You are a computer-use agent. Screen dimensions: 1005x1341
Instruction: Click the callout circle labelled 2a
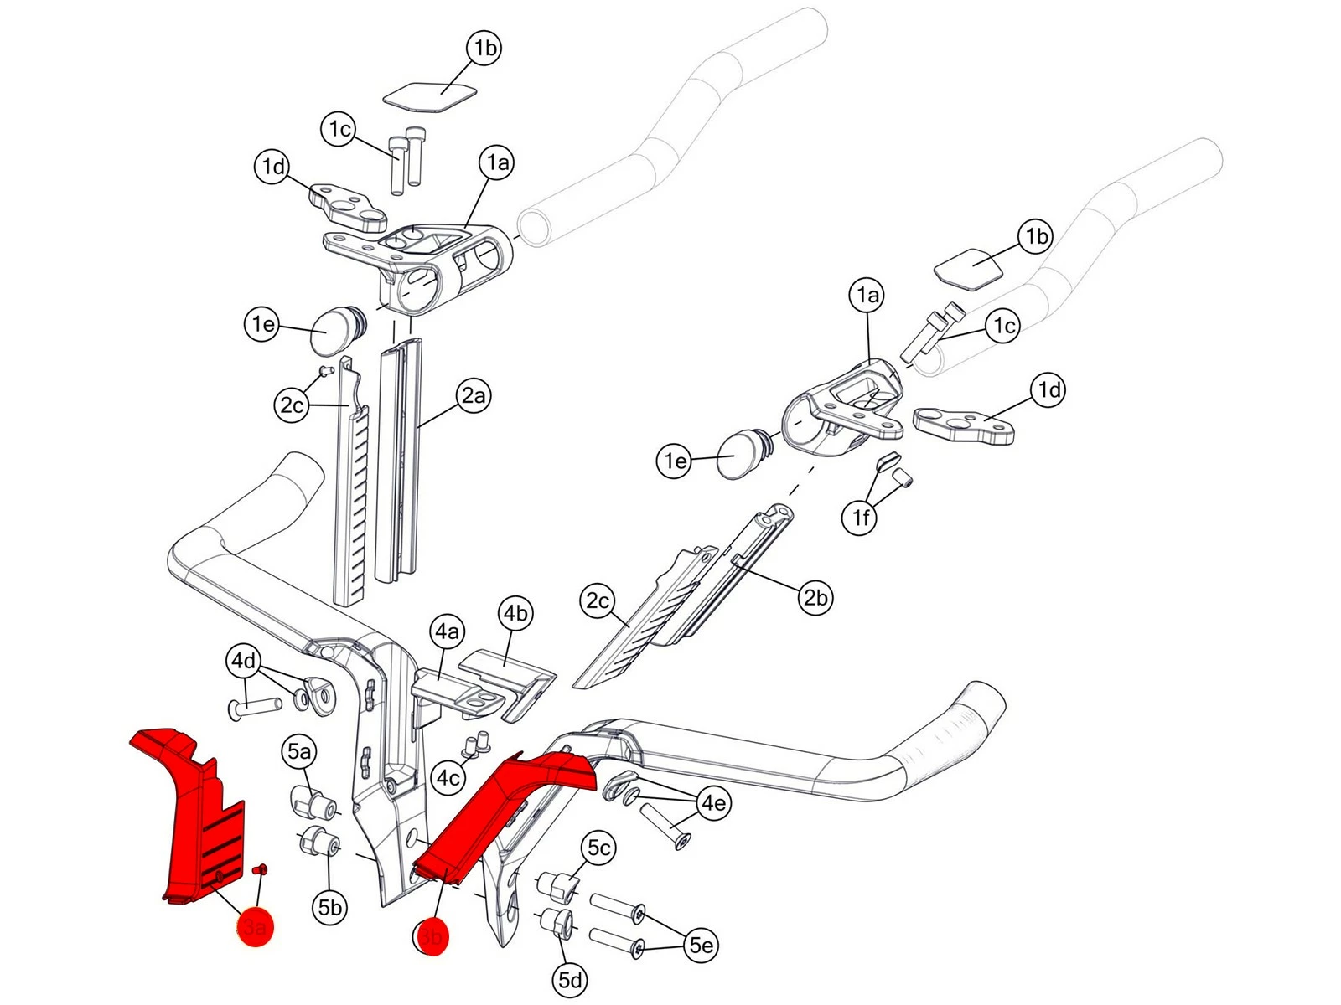point(474,395)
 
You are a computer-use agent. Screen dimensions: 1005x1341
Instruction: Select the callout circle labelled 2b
point(815,597)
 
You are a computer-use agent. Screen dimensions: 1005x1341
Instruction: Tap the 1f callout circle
point(861,518)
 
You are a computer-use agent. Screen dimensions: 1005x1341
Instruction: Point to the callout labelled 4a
point(448,631)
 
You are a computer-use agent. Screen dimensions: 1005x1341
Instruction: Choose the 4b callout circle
point(515,614)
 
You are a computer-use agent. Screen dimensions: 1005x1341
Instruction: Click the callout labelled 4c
point(448,778)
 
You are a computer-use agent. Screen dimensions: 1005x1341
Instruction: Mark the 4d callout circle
point(244,662)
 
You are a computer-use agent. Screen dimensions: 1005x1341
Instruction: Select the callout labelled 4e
point(713,803)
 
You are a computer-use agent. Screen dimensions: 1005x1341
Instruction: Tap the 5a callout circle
point(298,752)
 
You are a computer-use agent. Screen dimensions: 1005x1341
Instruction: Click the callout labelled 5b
point(330,907)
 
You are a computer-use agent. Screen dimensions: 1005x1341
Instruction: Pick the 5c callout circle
point(598,848)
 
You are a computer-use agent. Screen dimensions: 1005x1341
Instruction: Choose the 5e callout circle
point(701,946)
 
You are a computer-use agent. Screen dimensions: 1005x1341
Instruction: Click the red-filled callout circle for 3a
point(255,928)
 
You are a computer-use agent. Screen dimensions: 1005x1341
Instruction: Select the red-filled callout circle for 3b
point(431,935)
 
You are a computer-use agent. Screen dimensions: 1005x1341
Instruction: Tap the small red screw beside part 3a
point(259,870)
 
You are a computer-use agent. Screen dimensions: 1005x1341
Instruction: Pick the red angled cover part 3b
point(494,812)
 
